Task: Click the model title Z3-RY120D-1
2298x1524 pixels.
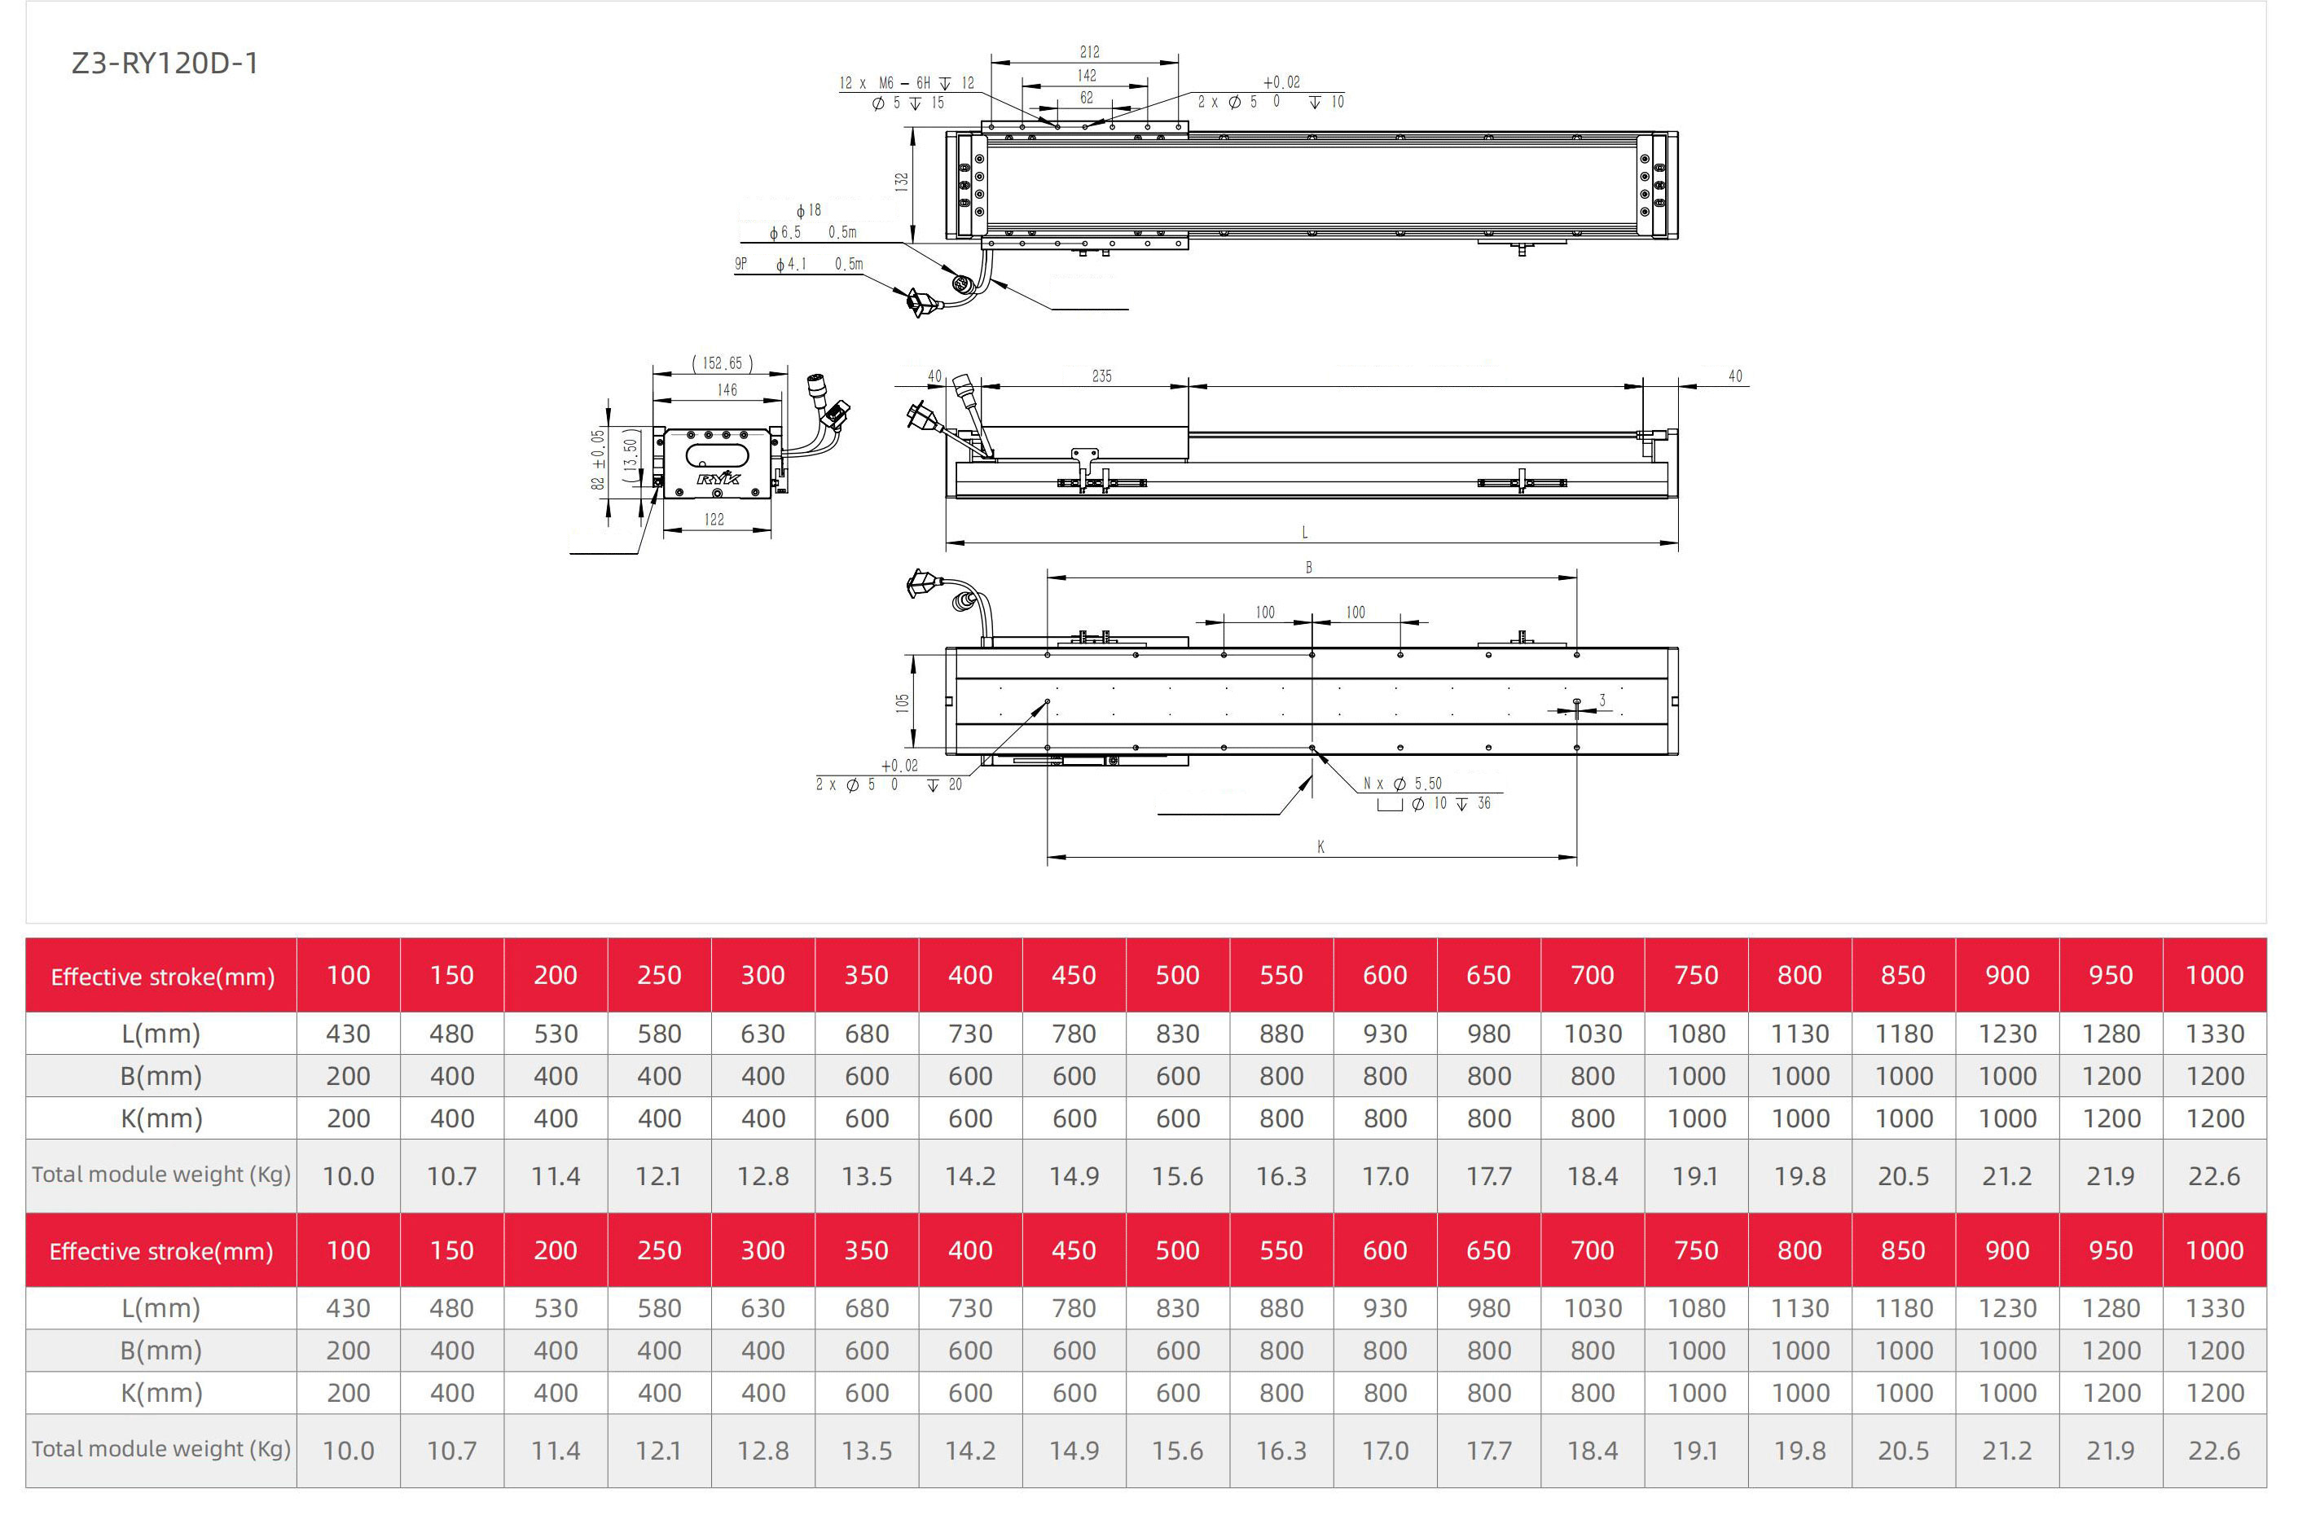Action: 165,64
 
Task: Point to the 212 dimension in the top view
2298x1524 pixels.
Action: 1090,51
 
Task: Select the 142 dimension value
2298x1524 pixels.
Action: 1087,75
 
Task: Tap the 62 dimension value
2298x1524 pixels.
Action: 1087,97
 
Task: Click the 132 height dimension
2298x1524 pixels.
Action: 902,182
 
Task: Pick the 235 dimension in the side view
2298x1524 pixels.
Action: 1101,376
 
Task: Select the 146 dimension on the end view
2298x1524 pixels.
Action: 727,389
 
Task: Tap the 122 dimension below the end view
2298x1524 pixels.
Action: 714,519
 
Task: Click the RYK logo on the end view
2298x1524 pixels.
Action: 718,477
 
